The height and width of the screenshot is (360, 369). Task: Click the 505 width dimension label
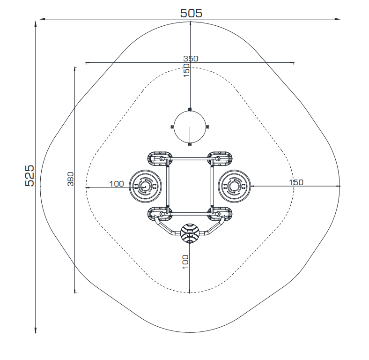(x=191, y=13)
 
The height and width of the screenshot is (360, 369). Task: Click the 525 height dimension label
(x=30, y=176)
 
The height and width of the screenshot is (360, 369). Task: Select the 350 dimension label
(x=191, y=59)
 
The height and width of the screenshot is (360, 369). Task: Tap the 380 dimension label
(x=71, y=179)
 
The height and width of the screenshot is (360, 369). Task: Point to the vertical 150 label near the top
(x=186, y=70)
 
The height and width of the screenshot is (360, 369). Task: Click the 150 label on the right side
(x=296, y=182)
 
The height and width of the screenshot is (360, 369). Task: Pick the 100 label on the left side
(x=117, y=184)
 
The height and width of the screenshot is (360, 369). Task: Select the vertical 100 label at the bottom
(x=185, y=262)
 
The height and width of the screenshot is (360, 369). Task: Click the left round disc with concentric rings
(x=146, y=186)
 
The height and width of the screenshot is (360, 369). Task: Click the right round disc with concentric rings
(x=235, y=186)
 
